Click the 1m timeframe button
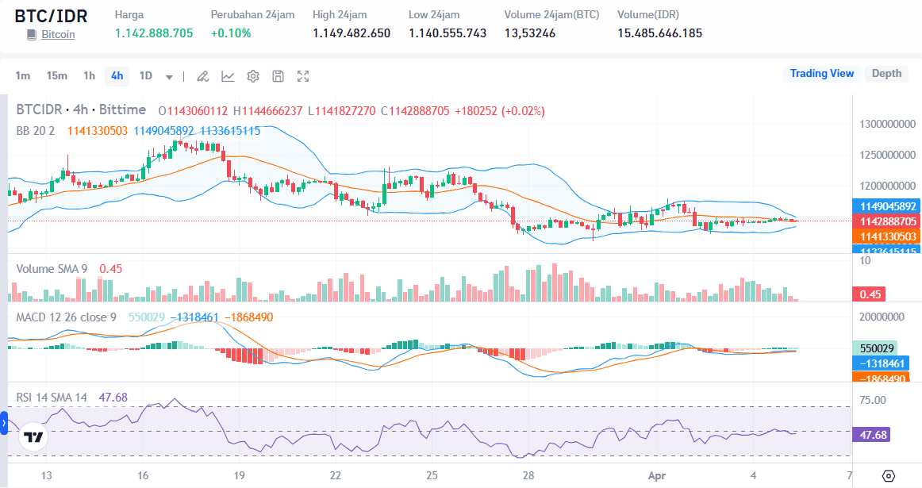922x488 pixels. click(x=23, y=76)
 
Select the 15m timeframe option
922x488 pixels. click(x=56, y=76)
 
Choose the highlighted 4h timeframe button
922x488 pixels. click(x=117, y=76)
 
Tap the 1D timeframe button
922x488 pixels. click(x=146, y=76)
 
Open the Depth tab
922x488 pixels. click(x=886, y=74)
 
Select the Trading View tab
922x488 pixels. click(x=821, y=74)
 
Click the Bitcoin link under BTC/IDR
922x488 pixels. click(x=58, y=35)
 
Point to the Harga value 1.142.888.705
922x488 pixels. click(x=154, y=33)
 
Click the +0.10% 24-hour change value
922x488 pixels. click(x=231, y=33)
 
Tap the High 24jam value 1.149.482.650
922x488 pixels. click(x=352, y=33)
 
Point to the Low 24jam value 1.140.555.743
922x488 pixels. click(x=448, y=33)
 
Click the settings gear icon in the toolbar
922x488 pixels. click(x=253, y=76)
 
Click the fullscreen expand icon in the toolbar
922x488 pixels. click(x=303, y=76)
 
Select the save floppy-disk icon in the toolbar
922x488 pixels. click(x=278, y=76)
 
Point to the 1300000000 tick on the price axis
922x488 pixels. click(x=888, y=125)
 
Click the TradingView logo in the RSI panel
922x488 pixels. click(x=33, y=437)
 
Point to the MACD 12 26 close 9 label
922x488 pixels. click(x=67, y=317)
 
